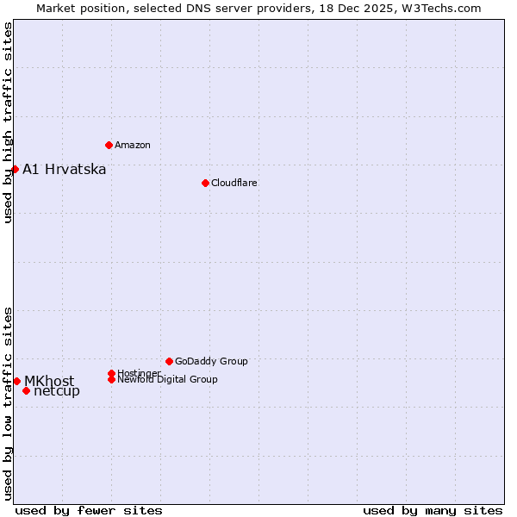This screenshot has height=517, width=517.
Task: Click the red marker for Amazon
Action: click(x=109, y=145)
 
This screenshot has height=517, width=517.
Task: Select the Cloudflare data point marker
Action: click(x=205, y=183)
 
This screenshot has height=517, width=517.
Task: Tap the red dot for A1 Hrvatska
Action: click(x=15, y=169)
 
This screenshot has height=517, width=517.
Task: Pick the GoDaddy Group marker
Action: click(x=169, y=361)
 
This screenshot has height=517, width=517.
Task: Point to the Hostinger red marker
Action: click(x=111, y=373)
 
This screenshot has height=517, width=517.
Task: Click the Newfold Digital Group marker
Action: click(x=112, y=379)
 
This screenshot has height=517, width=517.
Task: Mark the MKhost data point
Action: click(x=16, y=381)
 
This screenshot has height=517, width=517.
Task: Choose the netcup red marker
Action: click(x=26, y=391)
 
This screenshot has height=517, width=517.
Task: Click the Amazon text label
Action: click(x=133, y=145)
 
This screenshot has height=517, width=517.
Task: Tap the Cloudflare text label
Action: click(x=234, y=183)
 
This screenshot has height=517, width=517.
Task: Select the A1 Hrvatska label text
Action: click(x=65, y=169)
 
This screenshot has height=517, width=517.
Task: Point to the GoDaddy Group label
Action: click(x=211, y=361)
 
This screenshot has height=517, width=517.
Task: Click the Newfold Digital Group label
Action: click(x=168, y=380)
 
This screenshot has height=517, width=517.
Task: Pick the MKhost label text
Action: click(x=49, y=381)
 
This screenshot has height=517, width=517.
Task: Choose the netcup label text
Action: click(x=57, y=391)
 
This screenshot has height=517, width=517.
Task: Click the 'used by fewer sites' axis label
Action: click(x=89, y=510)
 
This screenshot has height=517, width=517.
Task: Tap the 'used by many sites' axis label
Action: click(x=433, y=510)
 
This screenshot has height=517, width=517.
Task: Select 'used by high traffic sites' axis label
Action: click(x=9, y=123)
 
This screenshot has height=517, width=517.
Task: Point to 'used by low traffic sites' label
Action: click(x=9, y=402)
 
